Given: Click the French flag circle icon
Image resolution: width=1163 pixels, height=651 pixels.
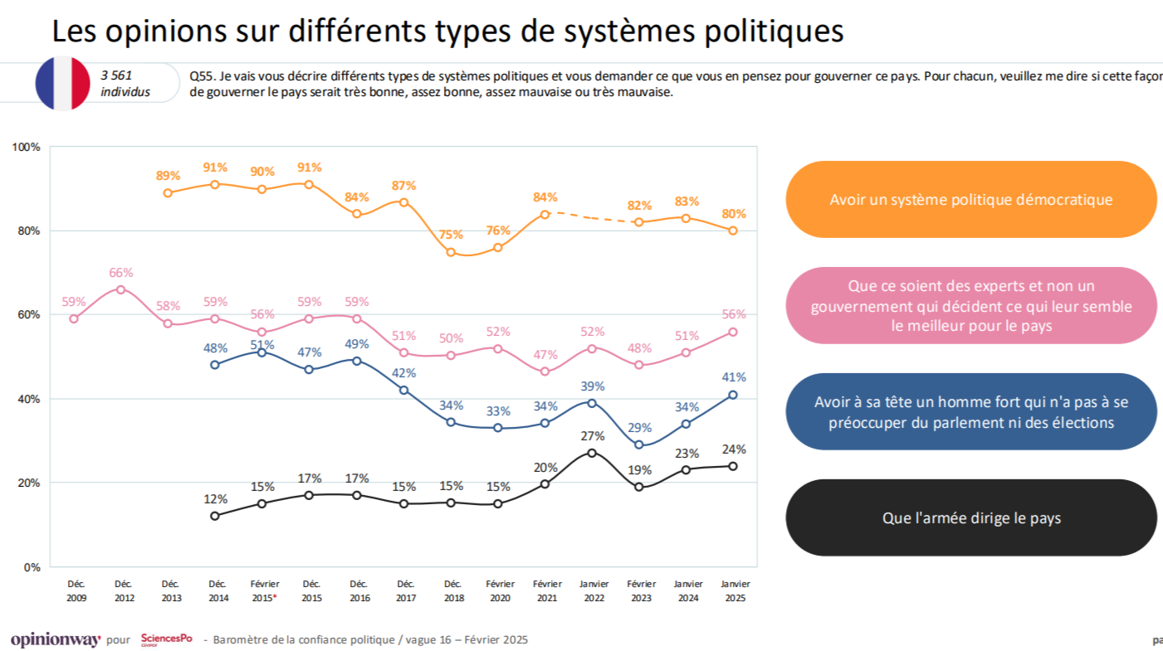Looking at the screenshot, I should point(62,83).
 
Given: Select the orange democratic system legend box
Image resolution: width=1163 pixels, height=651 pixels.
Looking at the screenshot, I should point(970,200).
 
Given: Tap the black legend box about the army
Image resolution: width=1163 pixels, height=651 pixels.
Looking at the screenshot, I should point(970,518).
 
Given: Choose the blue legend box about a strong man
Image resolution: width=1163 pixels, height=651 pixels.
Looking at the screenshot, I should point(970,412).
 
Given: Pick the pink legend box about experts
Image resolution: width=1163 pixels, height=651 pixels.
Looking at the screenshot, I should point(970,306).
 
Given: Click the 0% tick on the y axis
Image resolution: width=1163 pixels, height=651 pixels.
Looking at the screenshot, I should point(32,567).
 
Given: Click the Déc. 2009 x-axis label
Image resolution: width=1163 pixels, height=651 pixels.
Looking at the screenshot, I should point(76,590).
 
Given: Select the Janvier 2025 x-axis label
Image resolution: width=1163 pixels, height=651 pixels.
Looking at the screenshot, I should point(734,590).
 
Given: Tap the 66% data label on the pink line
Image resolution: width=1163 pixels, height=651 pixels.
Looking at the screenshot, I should point(121,272).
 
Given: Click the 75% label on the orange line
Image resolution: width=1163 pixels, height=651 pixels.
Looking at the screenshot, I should point(451,234).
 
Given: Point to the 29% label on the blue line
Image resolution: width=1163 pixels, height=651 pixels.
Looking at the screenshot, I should point(639,426).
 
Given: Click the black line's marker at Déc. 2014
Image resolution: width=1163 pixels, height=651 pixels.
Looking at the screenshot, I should point(215,516).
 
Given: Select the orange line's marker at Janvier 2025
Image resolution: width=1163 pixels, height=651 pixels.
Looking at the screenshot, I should point(733,231).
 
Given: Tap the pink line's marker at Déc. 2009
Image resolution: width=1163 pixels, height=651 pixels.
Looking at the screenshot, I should point(74,318).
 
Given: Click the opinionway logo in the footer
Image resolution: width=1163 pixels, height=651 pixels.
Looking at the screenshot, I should point(56,640).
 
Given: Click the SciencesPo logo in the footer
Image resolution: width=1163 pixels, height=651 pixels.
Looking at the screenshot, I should point(166,639).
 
